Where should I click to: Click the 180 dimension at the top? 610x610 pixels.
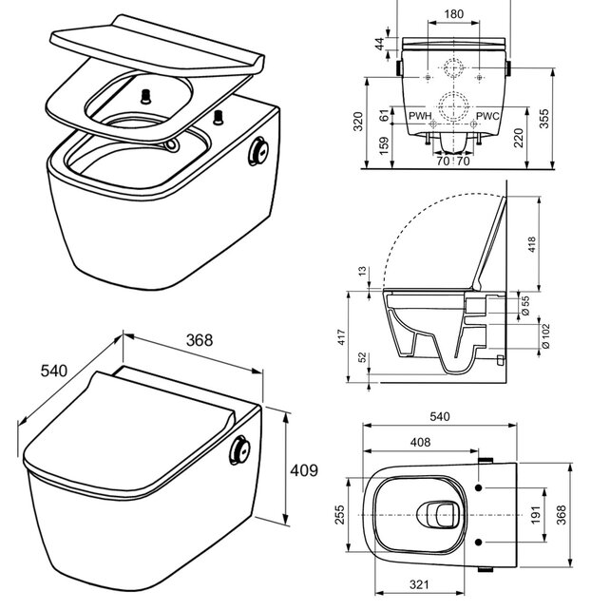455,15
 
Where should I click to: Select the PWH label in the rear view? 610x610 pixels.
419,116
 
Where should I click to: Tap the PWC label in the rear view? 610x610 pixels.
487,116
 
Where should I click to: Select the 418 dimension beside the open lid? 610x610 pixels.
532,246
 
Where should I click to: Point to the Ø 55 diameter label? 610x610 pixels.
525,305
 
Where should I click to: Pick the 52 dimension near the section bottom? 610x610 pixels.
361,357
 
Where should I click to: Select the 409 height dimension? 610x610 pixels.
303,470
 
